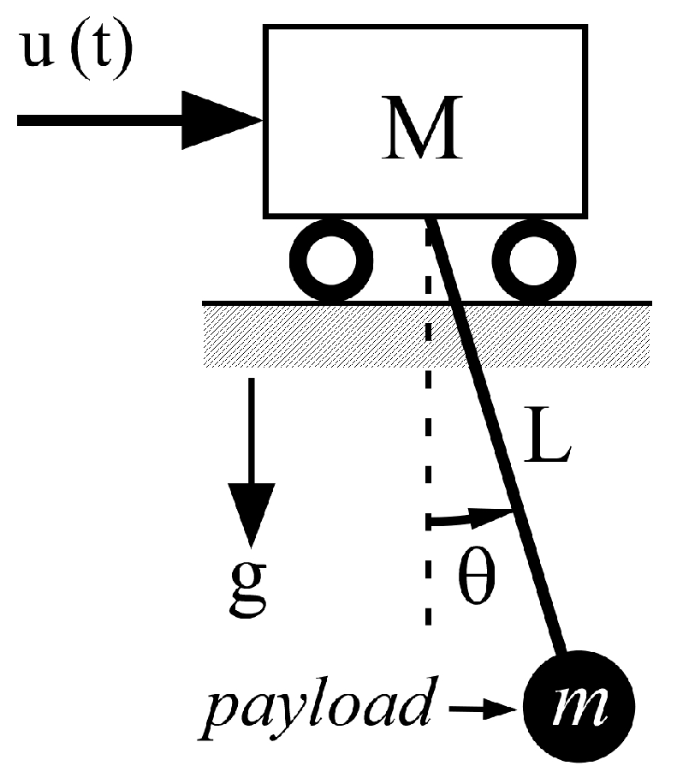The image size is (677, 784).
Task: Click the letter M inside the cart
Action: click(x=425, y=130)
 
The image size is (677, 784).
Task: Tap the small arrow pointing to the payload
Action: click(x=484, y=709)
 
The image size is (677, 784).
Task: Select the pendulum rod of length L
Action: click(x=496, y=446)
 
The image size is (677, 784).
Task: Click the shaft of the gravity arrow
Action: click(x=251, y=428)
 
